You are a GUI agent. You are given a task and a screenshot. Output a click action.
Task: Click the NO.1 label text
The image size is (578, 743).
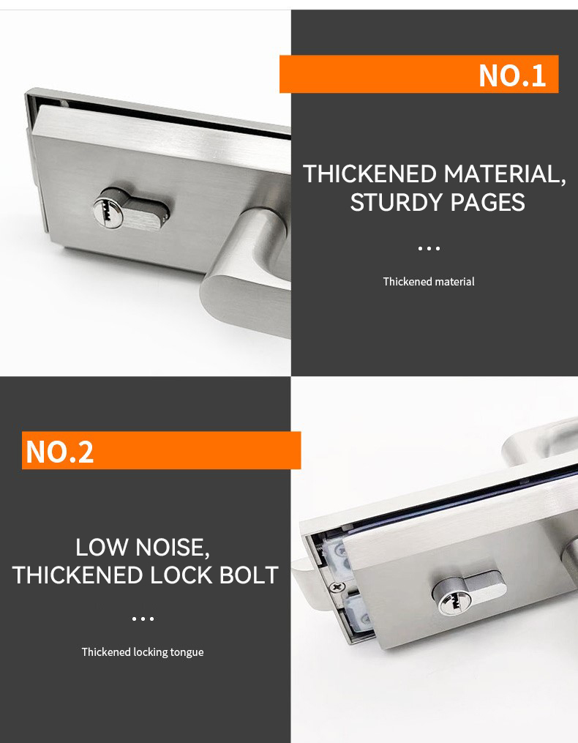click(512, 75)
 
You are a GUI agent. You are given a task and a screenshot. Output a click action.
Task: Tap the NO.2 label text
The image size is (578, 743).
click(60, 452)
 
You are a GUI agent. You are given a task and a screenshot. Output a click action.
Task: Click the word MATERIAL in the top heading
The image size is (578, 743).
click(505, 174)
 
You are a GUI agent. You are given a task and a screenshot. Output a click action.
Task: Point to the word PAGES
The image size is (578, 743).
click(487, 202)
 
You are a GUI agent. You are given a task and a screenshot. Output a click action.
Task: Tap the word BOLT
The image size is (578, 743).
click(249, 575)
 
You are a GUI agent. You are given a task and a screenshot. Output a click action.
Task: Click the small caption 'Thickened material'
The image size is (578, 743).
click(429, 282)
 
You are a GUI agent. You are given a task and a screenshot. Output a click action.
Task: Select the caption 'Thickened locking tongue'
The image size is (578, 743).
click(143, 652)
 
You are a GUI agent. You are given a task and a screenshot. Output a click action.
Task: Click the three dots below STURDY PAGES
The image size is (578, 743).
click(429, 248)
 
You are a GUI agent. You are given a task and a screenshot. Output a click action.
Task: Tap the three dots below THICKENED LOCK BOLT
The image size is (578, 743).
click(143, 619)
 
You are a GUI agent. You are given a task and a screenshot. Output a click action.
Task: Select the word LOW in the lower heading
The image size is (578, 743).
click(102, 548)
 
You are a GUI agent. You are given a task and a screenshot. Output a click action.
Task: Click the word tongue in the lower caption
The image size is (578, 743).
click(187, 653)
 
